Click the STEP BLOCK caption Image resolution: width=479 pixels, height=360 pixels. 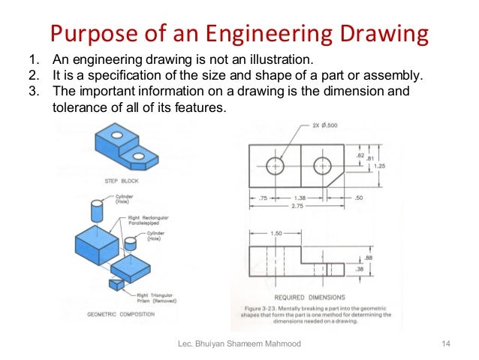[x=122, y=181]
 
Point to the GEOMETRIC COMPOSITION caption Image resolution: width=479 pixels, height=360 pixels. [x=121, y=314]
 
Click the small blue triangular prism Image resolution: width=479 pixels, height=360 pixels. [x=116, y=285]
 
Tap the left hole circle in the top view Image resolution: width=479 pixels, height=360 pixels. [x=275, y=166]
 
